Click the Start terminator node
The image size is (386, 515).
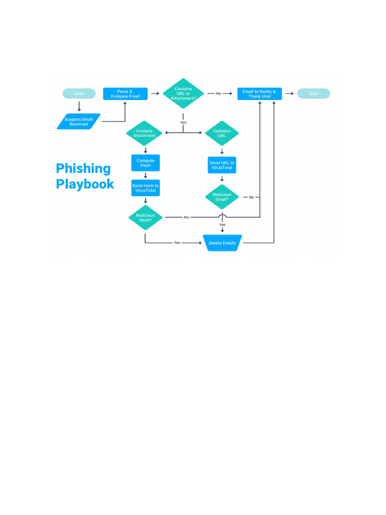[x=79, y=94]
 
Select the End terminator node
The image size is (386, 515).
[x=314, y=94]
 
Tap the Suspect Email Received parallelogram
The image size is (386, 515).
[x=78, y=122]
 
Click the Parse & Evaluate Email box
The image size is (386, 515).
[x=125, y=94]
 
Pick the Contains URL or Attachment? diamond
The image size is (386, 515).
[x=183, y=94]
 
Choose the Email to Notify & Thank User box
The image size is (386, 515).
[x=259, y=94]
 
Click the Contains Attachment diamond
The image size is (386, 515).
[x=145, y=133]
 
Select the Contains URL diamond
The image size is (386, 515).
[x=222, y=133]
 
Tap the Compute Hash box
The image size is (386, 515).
[x=145, y=163]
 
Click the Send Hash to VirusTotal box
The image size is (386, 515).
[x=145, y=188]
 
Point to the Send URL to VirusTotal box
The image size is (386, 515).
[x=222, y=165]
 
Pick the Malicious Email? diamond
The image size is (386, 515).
[x=222, y=197]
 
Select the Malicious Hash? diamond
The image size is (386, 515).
[x=145, y=217]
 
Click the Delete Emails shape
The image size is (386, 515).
[x=222, y=243]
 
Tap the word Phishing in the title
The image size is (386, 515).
[x=83, y=168]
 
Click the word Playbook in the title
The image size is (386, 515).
[x=85, y=184]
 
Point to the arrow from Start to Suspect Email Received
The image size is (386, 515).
[x=79, y=106]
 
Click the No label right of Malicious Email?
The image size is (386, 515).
[x=251, y=197]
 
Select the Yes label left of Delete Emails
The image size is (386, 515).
[x=177, y=243]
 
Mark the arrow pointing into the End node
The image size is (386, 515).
[x=289, y=94]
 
